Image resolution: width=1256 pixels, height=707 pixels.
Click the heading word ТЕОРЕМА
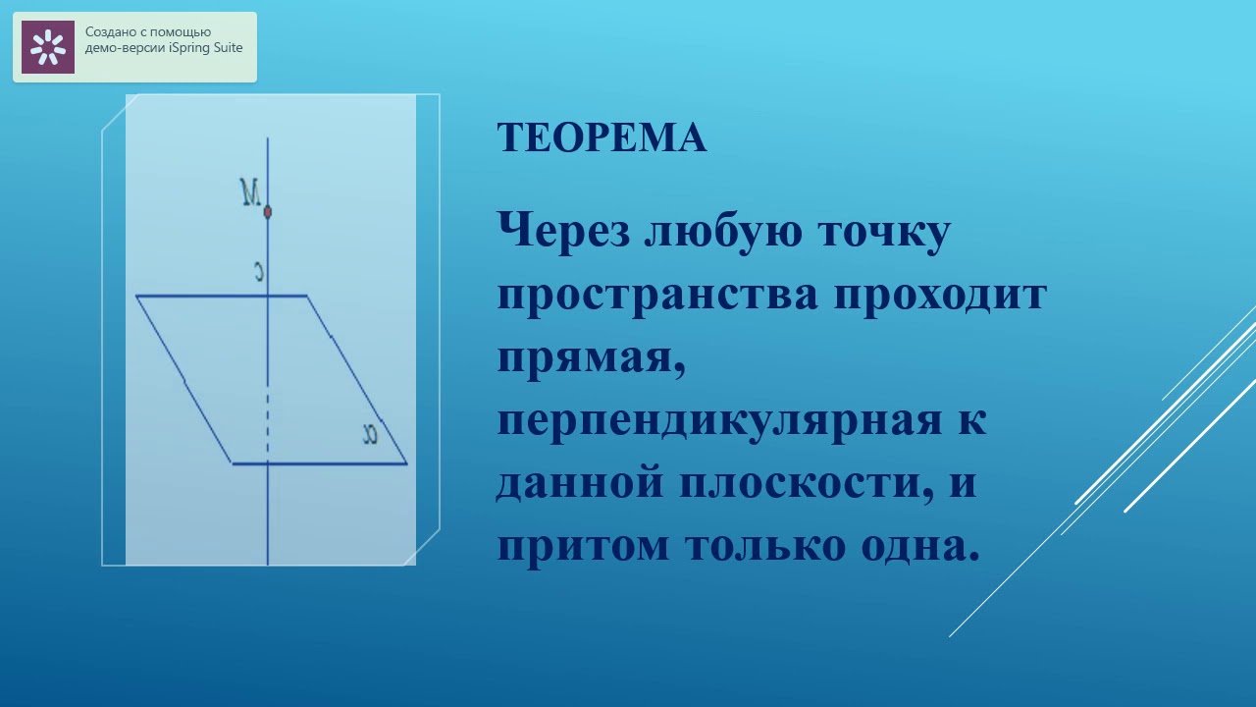coord(602,137)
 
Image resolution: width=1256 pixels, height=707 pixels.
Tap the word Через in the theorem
coord(560,232)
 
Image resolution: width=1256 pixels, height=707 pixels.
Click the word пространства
coord(656,295)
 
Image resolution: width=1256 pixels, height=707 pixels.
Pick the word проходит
coord(941,295)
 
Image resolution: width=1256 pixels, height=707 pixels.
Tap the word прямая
coord(589,358)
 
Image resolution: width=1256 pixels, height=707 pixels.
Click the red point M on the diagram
coord(268,211)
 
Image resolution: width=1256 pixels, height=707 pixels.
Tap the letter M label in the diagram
coord(250,192)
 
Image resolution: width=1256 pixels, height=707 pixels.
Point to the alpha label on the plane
coord(370,434)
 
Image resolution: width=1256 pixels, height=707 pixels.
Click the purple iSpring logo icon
coord(48,47)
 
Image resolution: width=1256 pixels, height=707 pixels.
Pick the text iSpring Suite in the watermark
coord(205,48)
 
